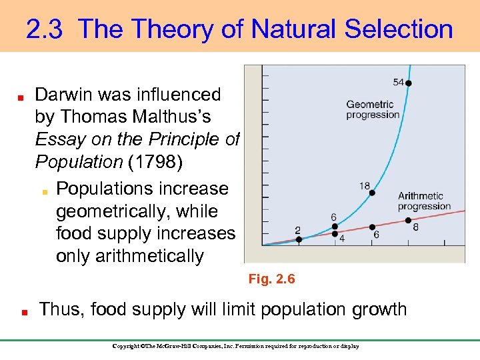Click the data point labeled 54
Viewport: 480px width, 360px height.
409,83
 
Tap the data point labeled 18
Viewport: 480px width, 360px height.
372,193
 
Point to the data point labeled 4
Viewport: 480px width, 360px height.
335,233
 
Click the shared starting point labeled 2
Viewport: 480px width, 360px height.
299,239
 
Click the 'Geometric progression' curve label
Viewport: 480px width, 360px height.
372,109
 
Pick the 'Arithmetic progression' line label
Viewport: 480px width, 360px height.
425,201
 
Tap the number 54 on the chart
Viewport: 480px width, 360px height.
398,82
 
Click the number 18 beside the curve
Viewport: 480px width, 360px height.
365,186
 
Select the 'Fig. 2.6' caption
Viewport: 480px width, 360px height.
271,279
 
